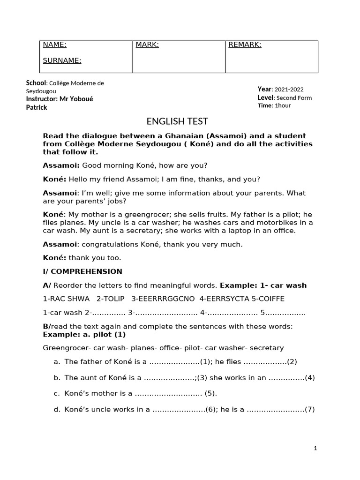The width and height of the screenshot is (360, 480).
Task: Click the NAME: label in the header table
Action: click(54, 45)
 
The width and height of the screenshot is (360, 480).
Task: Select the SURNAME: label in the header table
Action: click(62, 60)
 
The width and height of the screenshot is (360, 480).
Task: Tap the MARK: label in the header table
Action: click(147, 45)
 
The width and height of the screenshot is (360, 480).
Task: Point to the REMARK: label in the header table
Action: click(244, 45)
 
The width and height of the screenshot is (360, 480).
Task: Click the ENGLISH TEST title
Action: click(177, 121)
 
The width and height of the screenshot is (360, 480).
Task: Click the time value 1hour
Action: click(283, 106)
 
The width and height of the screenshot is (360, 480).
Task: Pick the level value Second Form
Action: click(294, 98)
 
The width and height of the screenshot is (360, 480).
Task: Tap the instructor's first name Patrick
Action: click(37, 107)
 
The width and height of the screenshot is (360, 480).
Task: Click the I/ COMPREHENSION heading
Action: click(82, 271)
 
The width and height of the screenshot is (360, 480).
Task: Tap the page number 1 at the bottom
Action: click(315, 449)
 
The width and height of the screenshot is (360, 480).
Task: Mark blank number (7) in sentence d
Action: click(309, 410)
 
